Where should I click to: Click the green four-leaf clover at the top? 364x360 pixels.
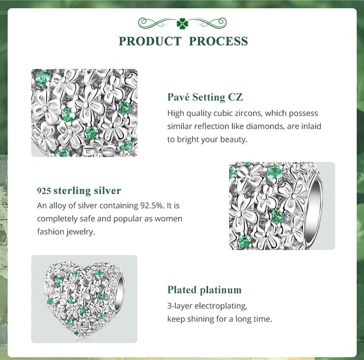(x=182, y=23)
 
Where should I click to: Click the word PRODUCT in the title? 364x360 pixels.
(x=150, y=41)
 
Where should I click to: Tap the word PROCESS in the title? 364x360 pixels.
(x=218, y=41)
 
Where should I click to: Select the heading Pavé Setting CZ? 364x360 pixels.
(x=205, y=97)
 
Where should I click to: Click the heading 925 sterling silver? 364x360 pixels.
(x=79, y=191)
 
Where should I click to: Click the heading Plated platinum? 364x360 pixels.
(x=204, y=290)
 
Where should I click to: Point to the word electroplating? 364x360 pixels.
(x=221, y=306)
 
